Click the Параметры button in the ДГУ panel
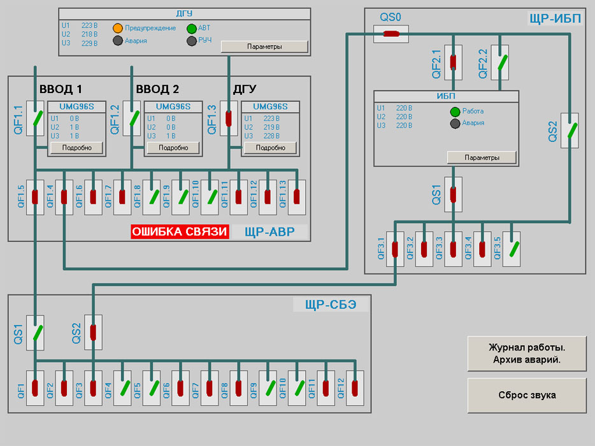coord(264,47)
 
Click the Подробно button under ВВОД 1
coord(76,148)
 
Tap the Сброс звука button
coord(527,395)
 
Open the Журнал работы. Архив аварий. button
coord(527,354)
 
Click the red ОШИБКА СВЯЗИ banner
coord(180,231)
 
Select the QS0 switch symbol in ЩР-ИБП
coord(391,34)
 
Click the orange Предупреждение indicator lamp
coord(118,28)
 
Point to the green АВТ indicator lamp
coord(192,28)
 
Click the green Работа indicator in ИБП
coord(455,111)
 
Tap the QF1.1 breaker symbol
coord(36,119)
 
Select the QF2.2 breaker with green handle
coord(500,62)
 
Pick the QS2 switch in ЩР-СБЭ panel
coord(93,332)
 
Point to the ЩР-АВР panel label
coord(269,232)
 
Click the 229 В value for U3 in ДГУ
coord(89,44)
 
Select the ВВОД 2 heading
coord(157,89)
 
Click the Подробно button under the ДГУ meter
coord(270,148)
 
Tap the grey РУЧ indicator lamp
coord(192,41)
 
